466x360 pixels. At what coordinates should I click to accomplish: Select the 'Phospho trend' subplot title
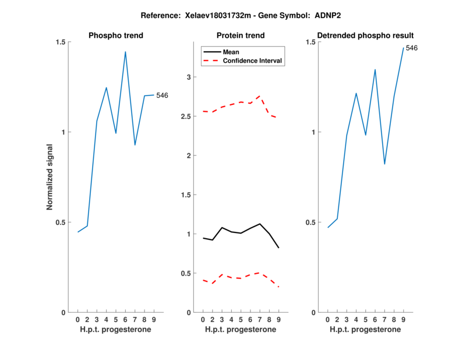116,36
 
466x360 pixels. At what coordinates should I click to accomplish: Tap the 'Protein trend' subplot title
241,36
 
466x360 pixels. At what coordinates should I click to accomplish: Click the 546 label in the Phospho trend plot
162,95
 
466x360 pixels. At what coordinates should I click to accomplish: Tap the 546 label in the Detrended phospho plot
411,48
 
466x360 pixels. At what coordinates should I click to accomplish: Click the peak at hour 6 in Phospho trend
125,52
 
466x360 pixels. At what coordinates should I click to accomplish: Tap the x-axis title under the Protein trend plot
241,330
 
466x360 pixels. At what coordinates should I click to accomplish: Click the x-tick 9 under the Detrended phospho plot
403,319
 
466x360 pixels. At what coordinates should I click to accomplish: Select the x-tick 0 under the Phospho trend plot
78,319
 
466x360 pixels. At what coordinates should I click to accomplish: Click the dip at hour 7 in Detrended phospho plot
384,164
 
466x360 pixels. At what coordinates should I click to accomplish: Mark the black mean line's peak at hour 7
260,224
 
